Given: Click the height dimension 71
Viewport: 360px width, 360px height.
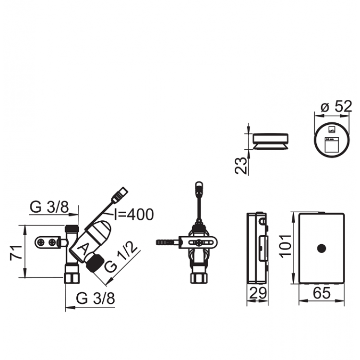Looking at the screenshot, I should [x=15, y=252].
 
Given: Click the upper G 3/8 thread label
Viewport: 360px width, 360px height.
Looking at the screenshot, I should [x=50, y=207].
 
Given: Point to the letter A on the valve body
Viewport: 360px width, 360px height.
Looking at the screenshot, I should [x=83, y=249].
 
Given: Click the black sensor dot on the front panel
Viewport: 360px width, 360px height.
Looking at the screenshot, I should [x=322, y=248].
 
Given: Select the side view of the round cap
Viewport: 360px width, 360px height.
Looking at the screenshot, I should [x=271, y=142].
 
